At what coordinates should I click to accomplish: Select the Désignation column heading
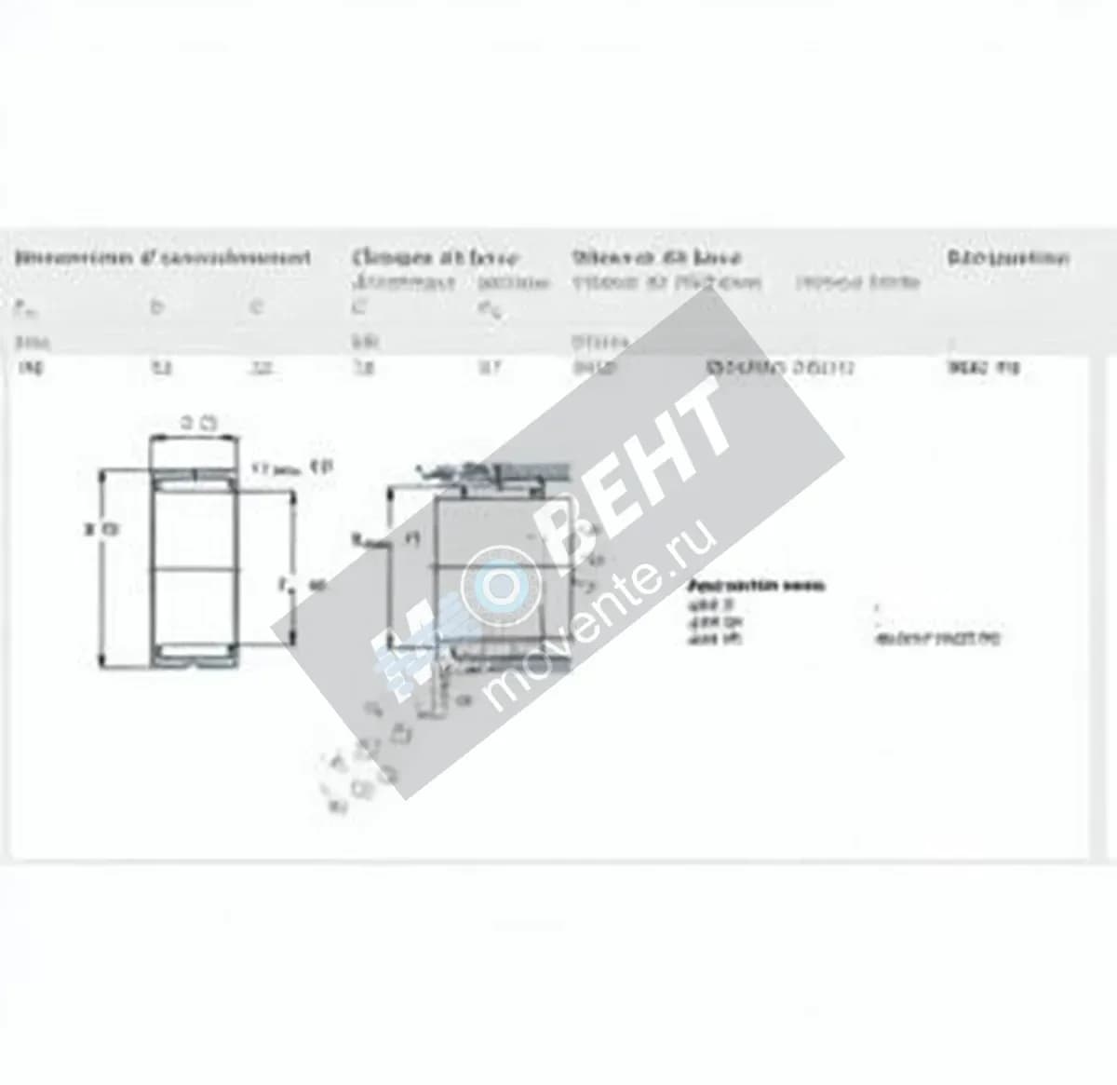click(1007, 258)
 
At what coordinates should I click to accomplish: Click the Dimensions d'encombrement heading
click(163, 258)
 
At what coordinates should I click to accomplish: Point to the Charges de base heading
click(436, 258)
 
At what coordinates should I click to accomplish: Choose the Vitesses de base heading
click(656, 258)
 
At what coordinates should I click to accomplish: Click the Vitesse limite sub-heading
click(857, 281)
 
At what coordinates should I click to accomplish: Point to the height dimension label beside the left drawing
click(102, 530)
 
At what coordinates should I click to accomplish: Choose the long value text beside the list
click(936, 639)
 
